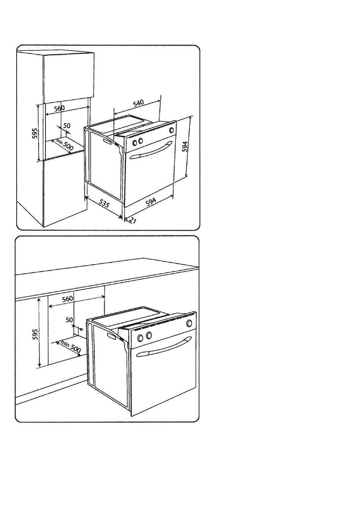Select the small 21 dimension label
[132, 220]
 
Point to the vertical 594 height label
[185, 147]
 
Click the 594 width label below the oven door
[151, 202]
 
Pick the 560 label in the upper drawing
[59, 108]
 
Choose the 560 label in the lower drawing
[67, 299]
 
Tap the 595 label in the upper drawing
[34, 133]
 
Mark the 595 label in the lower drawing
[34, 335]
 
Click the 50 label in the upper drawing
[67, 126]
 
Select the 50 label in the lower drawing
[69, 320]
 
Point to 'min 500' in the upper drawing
[64, 144]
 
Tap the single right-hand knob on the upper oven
[172, 130]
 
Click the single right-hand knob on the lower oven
[189, 324]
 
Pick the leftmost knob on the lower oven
[140, 338]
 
